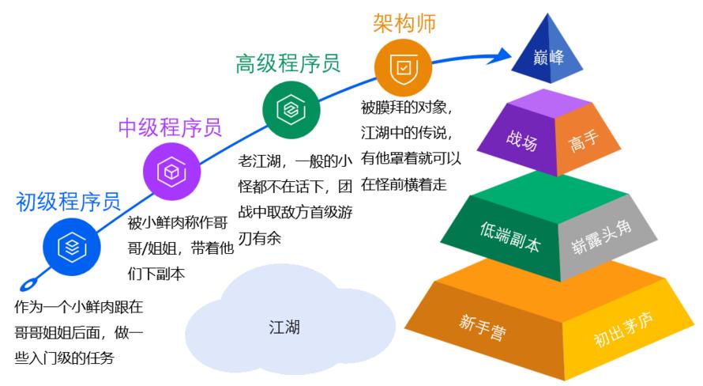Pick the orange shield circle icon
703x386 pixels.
coord(403,66)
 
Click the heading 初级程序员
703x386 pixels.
coord(68,203)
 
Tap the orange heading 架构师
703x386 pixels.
coord(404,22)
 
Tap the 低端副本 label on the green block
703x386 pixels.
coord(509,236)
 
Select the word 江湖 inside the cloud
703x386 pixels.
coord(284,325)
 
